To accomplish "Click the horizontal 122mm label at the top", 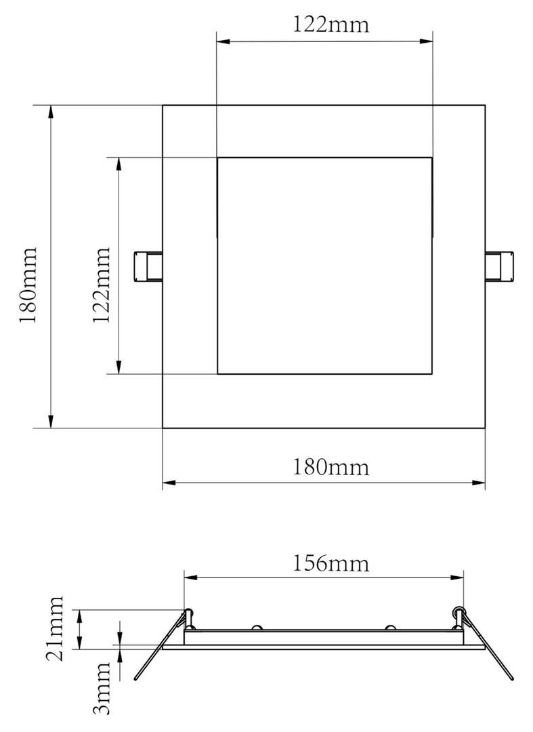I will click(x=331, y=25).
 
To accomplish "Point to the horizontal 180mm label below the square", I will click(x=331, y=467).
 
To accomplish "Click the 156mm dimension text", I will click(x=331, y=563).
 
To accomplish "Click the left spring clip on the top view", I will click(x=147, y=266).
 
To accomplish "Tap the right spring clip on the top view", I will click(x=500, y=266).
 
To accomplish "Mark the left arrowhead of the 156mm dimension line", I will click(x=190, y=577).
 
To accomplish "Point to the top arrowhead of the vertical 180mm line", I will click(x=51, y=111).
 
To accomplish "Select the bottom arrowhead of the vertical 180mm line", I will click(x=51, y=422).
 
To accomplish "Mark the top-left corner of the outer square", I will click(x=163, y=105).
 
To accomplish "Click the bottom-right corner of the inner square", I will click(x=432, y=373).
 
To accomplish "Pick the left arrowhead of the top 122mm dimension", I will click(x=223, y=41).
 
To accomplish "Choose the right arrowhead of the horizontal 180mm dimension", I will click(x=479, y=483).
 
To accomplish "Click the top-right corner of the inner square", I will click(x=432, y=158).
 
